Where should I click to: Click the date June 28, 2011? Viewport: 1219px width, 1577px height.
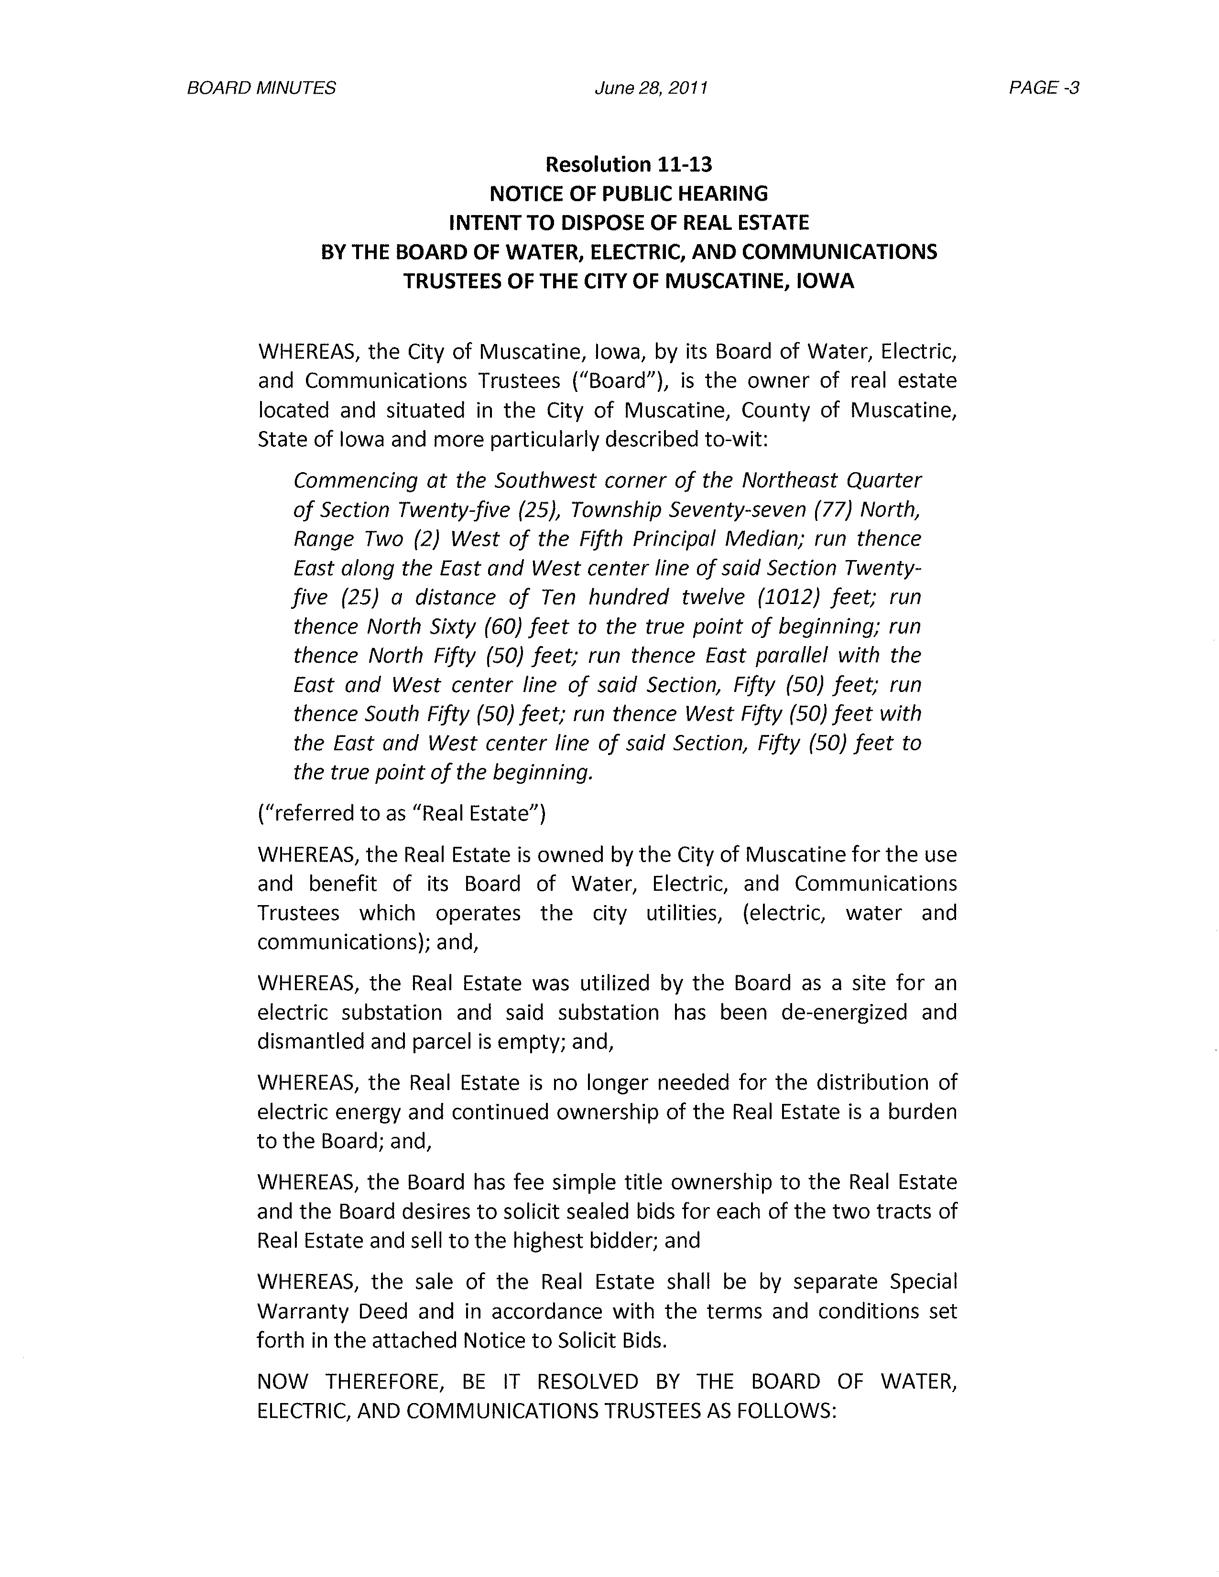pos(651,88)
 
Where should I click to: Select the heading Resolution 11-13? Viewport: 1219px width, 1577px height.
pos(628,165)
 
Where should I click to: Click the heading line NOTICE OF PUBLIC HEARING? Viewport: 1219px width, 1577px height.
pos(628,194)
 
